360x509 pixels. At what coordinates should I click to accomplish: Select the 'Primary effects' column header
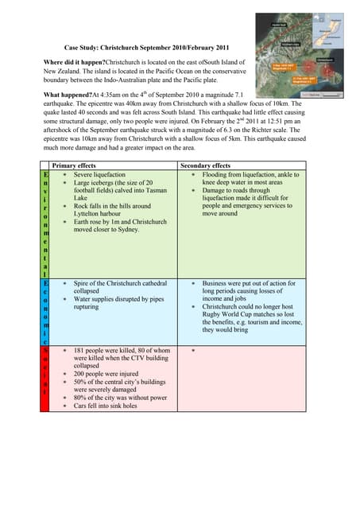[x=73, y=165]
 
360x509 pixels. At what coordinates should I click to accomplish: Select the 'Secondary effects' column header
[x=205, y=165]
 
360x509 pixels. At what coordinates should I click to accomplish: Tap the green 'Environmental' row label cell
[x=46, y=223]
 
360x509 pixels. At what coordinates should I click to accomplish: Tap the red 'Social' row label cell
[x=46, y=378]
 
